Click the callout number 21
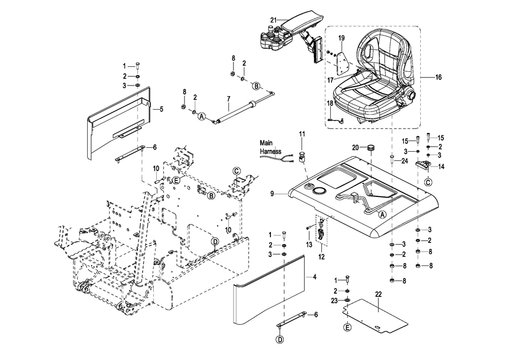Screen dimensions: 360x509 274,20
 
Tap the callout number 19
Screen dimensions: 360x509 342,38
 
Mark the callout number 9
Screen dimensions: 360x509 272,194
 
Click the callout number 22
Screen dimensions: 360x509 378,293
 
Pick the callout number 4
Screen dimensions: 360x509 315,277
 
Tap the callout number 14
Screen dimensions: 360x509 441,166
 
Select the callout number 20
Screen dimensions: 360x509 355,147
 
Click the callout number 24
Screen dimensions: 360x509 405,161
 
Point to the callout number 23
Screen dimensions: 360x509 334,300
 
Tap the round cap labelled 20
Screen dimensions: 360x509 371,148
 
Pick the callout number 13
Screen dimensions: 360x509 309,245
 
